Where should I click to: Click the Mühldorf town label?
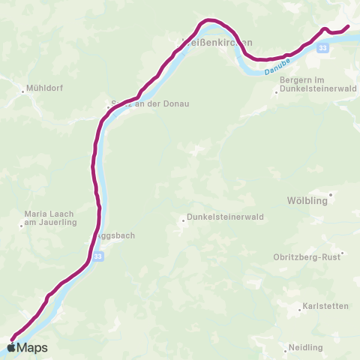(46, 88)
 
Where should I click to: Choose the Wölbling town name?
(307, 201)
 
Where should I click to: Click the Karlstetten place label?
(323, 307)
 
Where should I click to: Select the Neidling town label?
(305, 348)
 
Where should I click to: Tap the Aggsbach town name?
(116, 235)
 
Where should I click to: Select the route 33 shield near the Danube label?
(322, 48)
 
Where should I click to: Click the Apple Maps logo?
(28, 347)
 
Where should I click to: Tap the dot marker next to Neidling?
(288, 348)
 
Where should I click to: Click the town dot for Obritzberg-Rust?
(341, 253)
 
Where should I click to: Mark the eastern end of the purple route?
(348, 28)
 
